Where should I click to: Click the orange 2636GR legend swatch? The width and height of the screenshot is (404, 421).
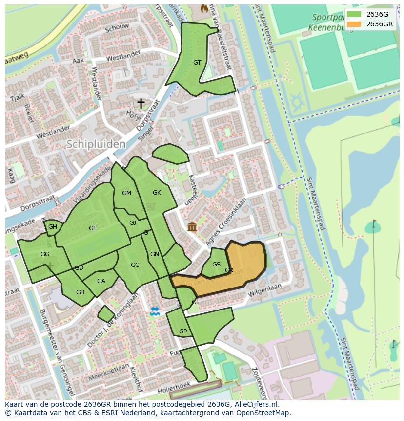point(354,24)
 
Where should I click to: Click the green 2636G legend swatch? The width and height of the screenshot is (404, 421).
point(354,14)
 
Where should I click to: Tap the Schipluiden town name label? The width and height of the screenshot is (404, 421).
point(96,144)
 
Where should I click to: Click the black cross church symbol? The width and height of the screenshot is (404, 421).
point(141,103)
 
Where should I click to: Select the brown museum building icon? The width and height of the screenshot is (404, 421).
point(192,227)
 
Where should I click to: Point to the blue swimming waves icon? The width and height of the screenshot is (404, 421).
point(155,311)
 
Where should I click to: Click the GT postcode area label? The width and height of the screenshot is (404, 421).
point(197,63)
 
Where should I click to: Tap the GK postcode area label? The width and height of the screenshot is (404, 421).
point(157,193)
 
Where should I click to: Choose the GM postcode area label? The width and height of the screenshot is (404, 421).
point(126,193)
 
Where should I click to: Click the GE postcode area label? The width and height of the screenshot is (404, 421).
point(93,228)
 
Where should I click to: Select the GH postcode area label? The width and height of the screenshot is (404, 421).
point(53,227)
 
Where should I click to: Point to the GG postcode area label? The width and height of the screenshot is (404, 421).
point(45,254)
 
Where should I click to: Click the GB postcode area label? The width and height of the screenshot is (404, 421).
point(80,292)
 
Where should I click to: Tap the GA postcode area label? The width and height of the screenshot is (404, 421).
point(101,281)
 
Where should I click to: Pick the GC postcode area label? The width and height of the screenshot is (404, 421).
point(135,265)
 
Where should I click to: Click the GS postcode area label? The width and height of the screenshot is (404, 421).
point(216,265)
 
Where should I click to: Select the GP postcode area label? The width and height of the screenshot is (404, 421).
point(183,332)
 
